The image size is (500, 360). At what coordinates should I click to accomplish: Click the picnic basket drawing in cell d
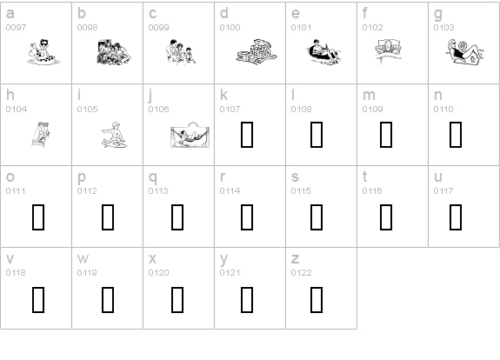pyautogui.click(x=257, y=52)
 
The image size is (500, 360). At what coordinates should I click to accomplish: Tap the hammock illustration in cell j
pyautogui.click(x=190, y=135)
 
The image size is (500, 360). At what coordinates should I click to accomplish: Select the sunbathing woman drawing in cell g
pyautogui.click(x=464, y=52)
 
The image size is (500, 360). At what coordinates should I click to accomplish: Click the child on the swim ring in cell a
pyautogui.click(x=43, y=52)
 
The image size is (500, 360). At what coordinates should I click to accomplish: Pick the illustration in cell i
pyautogui.click(x=114, y=135)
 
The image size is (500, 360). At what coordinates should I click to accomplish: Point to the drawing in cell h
pyautogui.click(x=41, y=135)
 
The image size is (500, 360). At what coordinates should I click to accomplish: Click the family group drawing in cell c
pyautogui.click(x=181, y=51)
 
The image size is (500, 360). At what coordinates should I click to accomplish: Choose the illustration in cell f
pyautogui.click(x=389, y=51)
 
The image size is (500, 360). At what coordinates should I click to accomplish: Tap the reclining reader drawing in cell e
pyautogui.click(x=323, y=52)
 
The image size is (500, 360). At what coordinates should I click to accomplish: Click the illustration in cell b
pyautogui.click(x=114, y=52)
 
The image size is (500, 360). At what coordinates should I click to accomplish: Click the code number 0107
pyautogui.click(x=230, y=110)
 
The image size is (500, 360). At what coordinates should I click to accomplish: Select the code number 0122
pyautogui.click(x=301, y=273)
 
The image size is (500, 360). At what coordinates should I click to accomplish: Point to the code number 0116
pyautogui.click(x=372, y=191)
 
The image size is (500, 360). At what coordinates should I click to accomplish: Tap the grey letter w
pyautogui.click(x=83, y=258)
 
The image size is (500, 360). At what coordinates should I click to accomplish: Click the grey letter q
pyautogui.click(x=153, y=178)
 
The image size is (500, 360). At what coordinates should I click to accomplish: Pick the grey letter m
pyautogui.click(x=369, y=95)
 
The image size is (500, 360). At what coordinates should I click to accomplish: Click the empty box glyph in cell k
pyautogui.click(x=247, y=135)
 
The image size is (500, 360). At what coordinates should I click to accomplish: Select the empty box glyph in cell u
pyautogui.click(x=456, y=217)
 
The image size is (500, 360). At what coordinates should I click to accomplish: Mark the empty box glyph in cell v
pyautogui.click(x=38, y=300)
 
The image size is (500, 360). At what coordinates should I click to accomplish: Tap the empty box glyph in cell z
pyautogui.click(x=317, y=300)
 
